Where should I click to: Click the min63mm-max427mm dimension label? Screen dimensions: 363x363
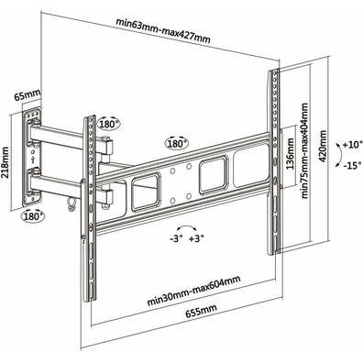(163, 31)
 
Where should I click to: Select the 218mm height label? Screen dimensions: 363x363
(5, 162)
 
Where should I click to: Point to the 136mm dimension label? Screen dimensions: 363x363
(290, 154)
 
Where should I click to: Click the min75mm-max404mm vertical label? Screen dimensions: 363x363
(304, 150)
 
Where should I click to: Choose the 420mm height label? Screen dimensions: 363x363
(323, 148)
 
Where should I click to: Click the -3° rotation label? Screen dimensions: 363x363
(176, 238)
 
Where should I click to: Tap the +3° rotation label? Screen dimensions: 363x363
(196, 238)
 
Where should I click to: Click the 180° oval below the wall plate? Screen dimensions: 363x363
(33, 215)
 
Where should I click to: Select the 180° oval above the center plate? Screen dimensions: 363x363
(177, 143)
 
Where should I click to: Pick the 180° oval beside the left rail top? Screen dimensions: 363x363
(109, 123)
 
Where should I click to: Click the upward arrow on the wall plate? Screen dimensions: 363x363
(33, 159)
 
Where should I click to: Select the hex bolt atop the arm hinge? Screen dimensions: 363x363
(105, 138)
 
